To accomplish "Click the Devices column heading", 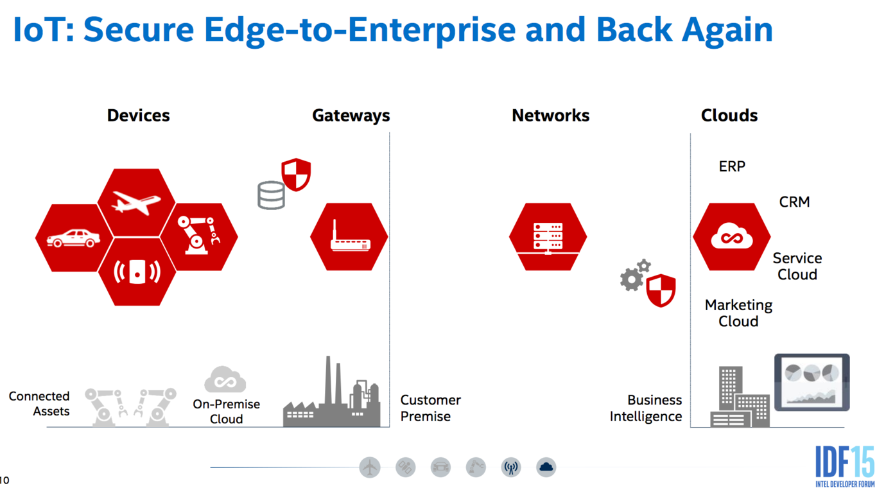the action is tap(138, 116).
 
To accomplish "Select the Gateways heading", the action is tap(351, 116).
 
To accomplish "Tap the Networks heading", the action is tap(550, 116).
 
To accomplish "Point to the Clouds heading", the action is tap(729, 116).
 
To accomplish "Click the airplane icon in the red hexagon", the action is tap(136, 202).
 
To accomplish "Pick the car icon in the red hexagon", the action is tap(73, 238).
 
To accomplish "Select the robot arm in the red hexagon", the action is tap(198, 236).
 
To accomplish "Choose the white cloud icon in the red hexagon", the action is tap(731, 236).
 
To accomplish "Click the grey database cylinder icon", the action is tap(271, 195).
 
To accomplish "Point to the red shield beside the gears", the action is tap(661, 290).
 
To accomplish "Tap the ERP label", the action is tap(732, 166).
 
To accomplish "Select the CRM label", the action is tap(794, 202).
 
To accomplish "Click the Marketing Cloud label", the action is tap(738, 313).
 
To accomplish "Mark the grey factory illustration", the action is tap(332, 392).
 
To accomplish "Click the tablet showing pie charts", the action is tap(812, 382).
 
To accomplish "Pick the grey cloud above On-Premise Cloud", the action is tap(225, 379).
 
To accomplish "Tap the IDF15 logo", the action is tap(844, 466).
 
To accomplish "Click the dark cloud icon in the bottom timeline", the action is tap(546, 467).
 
